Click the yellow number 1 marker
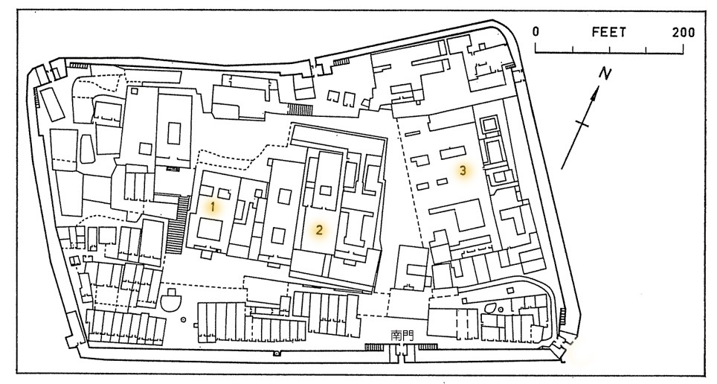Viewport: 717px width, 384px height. click(x=213, y=207)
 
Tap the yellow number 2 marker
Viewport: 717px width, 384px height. click(x=318, y=229)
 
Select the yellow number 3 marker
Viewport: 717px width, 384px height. click(x=463, y=170)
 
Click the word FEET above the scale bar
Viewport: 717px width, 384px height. click(x=608, y=33)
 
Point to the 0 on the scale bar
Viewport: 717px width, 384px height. click(x=536, y=33)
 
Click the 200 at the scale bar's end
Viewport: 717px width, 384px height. click(x=681, y=33)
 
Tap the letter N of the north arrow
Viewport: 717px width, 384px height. click(x=607, y=74)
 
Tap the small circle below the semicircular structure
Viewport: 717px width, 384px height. click(x=184, y=321)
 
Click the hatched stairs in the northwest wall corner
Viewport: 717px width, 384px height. click(x=77, y=67)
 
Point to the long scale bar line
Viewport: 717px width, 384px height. click(x=610, y=51)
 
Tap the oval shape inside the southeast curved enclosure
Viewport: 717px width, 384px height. click(x=491, y=307)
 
